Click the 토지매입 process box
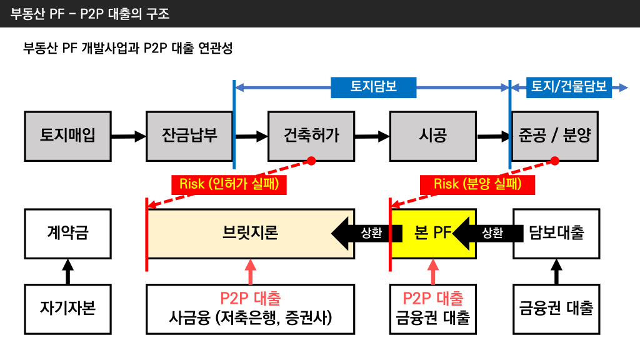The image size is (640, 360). pos(68,135)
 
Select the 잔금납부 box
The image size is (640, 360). pos(189,135)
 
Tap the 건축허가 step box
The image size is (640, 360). pos(311,135)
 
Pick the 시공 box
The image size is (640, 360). pos(432,135)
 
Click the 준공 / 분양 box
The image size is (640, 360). pos(554,135)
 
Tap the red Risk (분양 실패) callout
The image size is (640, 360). pos(477,184)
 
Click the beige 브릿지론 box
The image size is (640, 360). pos(250,233)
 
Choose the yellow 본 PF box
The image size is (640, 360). pos(432,233)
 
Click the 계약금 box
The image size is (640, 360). pos(68,233)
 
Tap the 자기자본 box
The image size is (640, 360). pos(68,308)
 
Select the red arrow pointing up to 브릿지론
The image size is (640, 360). pos(251,271)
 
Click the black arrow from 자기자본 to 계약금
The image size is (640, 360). pos(68,271)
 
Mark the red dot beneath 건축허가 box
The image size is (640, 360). pos(311,161)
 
